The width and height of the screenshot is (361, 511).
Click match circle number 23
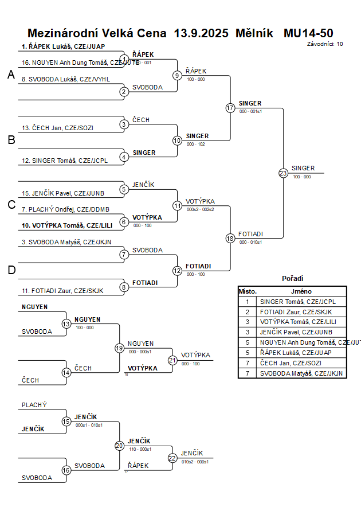coord(283,173)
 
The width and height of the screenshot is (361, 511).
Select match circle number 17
coord(230,108)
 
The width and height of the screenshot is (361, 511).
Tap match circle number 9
coord(177,75)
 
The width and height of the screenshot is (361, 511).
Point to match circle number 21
coord(172,360)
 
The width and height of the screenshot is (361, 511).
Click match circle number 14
coord(66,373)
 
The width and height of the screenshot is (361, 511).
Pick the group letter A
coord(11,75)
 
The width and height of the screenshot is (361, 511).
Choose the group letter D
coord(11,270)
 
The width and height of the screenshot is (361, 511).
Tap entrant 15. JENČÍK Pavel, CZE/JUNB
coord(63,193)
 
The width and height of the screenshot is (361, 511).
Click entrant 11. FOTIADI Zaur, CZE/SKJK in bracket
coord(62,291)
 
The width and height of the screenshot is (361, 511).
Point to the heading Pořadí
coord(292,278)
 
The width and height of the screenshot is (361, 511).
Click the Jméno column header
coord(301,291)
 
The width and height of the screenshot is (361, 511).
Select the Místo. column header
coord(248,291)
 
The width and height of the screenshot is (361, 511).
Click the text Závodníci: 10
coord(325,44)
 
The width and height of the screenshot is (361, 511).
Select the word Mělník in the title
coord(256,33)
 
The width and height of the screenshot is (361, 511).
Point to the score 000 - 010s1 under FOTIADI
coord(250,242)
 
